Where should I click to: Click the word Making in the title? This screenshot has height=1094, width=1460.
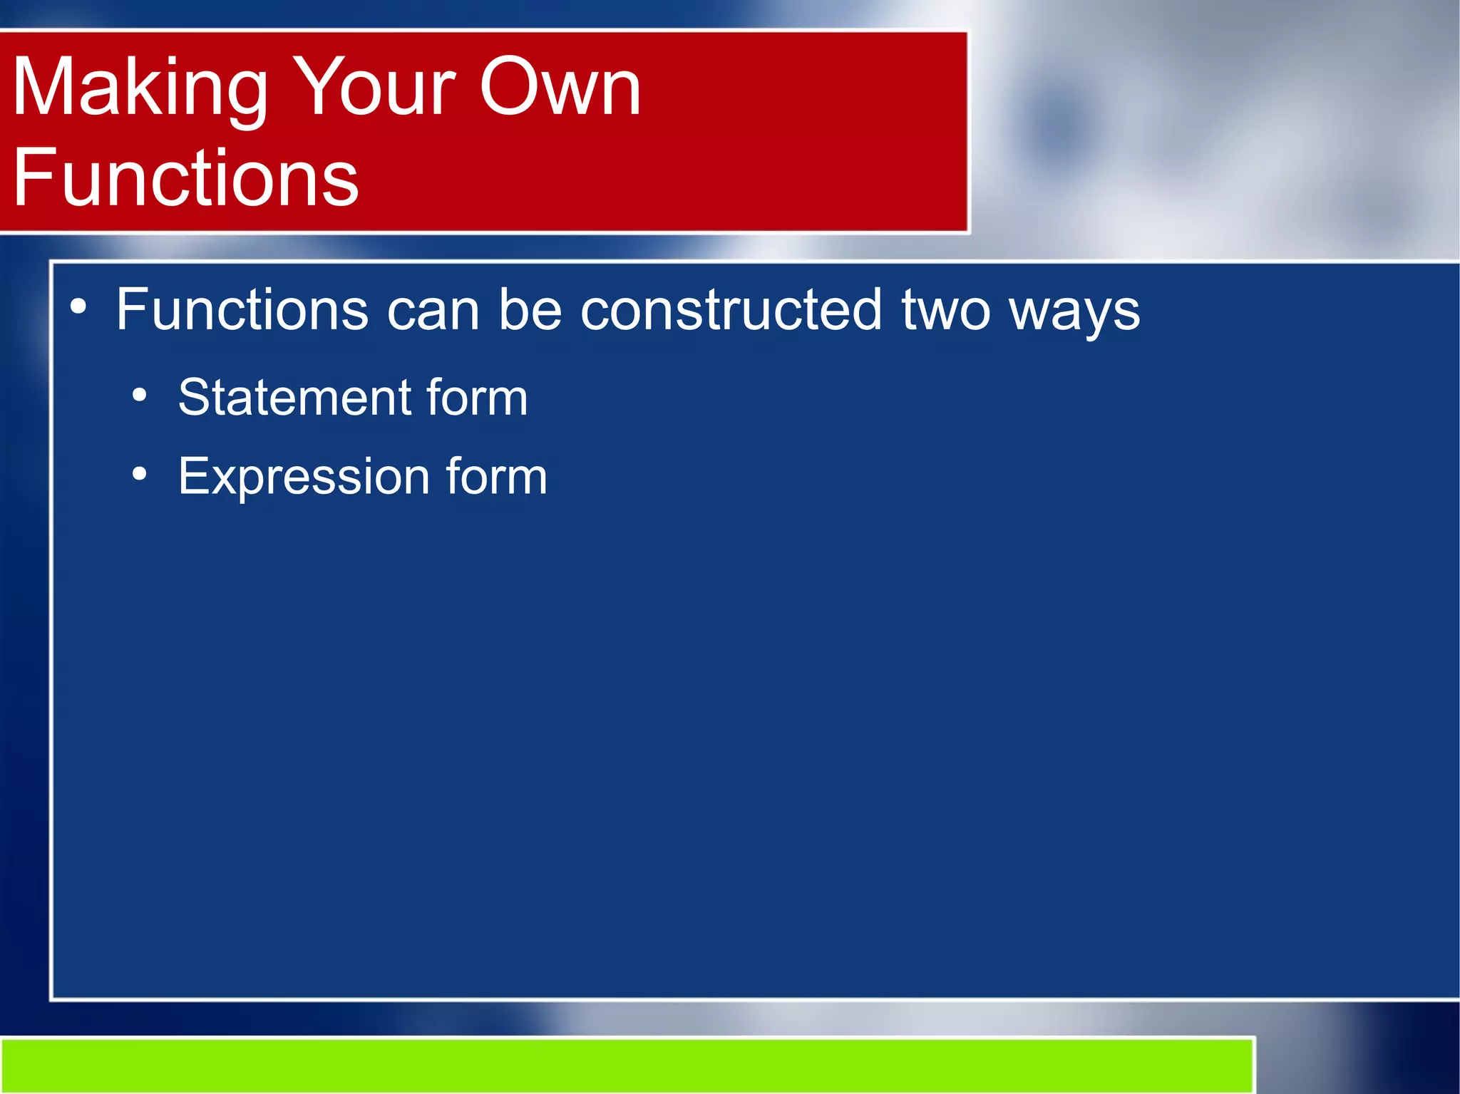click(139, 89)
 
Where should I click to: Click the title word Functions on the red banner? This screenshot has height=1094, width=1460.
click(185, 178)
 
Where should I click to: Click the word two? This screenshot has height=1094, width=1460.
click(946, 311)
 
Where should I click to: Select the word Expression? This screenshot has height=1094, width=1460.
click(303, 477)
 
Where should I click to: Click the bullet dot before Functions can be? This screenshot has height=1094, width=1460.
click(78, 307)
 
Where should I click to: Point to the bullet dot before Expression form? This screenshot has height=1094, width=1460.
click(140, 473)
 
